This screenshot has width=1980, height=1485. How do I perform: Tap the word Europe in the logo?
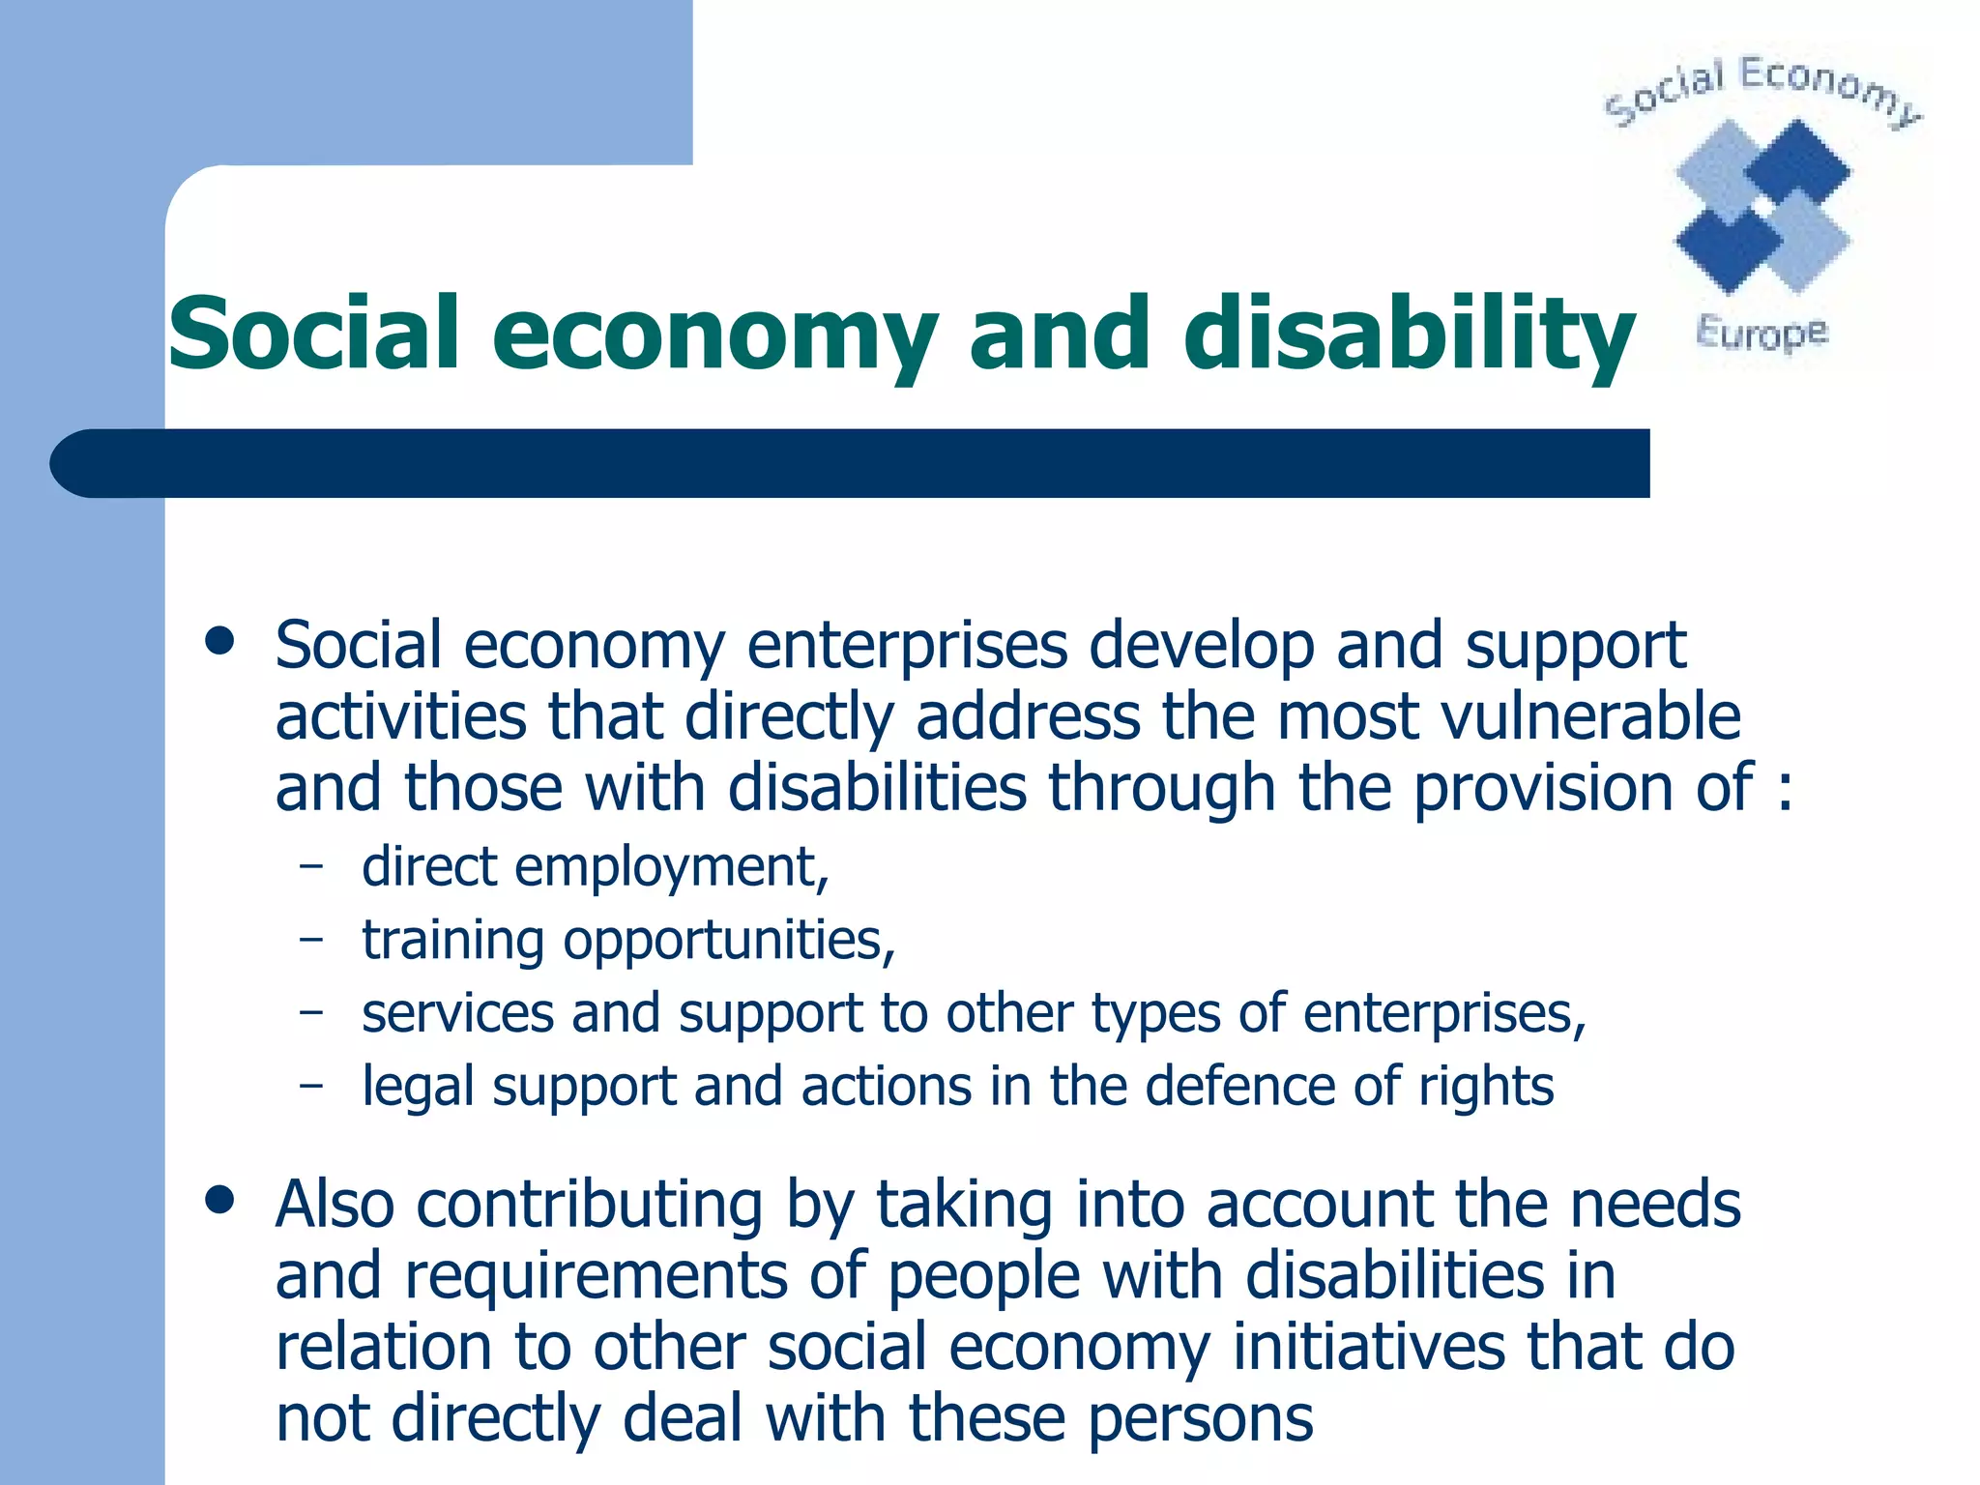(1762, 333)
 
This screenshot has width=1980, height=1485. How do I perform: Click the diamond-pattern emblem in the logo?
(1762, 205)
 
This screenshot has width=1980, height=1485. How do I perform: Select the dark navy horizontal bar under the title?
(851, 463)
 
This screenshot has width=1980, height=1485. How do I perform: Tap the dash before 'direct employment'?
(310, 866)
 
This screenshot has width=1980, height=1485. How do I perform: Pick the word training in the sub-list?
(452, 941)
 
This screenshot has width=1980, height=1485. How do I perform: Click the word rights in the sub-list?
(1485, 1088)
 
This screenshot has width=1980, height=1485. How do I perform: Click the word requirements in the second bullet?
(596, 1276)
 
